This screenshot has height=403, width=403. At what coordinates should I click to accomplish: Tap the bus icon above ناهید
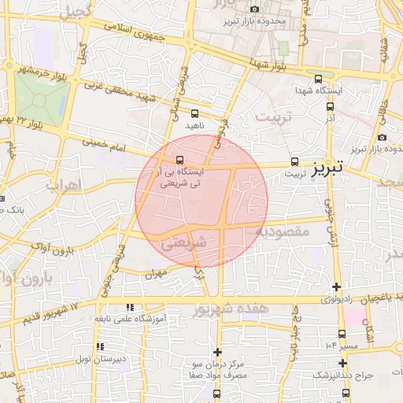(194, 113)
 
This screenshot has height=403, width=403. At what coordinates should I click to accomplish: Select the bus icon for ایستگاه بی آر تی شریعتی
(180, 160)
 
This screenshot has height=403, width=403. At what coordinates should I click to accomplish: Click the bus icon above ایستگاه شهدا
(318, 79)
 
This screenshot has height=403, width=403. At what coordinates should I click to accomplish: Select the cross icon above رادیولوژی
(337, 287)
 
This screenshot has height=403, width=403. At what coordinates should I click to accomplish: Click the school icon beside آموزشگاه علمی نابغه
(130, 306)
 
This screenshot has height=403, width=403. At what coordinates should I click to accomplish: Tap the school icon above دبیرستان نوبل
(99, 346)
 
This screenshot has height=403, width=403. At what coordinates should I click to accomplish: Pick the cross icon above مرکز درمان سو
(218, 352)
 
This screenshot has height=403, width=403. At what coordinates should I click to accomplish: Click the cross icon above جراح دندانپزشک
(342, 363)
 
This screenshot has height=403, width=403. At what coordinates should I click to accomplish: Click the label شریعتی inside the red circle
(183, 243)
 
